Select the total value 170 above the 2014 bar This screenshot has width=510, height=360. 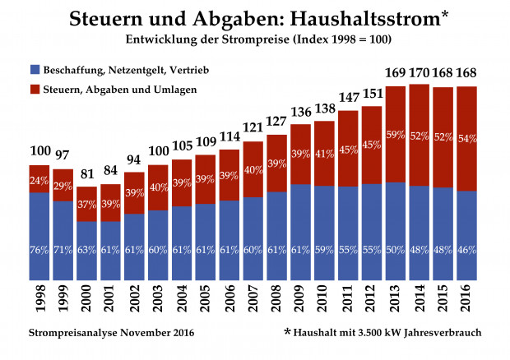[x=419, y=75]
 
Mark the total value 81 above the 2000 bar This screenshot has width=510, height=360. [x=87, y=197]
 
